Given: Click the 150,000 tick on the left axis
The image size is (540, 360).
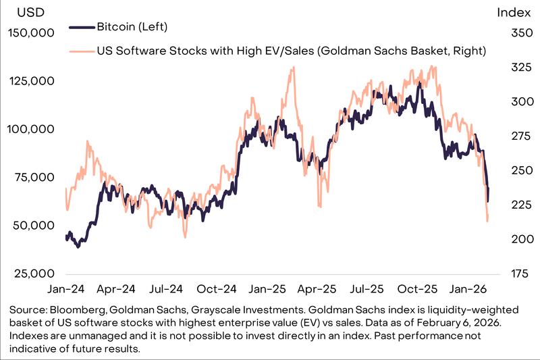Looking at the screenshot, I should [x=32, y=32].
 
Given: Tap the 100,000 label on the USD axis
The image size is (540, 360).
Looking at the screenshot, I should [x=32, y=129].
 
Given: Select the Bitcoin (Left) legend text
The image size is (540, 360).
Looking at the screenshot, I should [x=132, y=27].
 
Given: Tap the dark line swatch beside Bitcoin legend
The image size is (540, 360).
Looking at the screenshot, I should [x=81, y=27].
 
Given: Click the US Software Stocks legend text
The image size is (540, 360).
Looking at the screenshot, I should [x=291, y=50].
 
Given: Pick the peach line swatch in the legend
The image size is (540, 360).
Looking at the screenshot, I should [x=81, y=50].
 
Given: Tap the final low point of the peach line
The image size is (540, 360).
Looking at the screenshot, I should [x=487, y=220].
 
